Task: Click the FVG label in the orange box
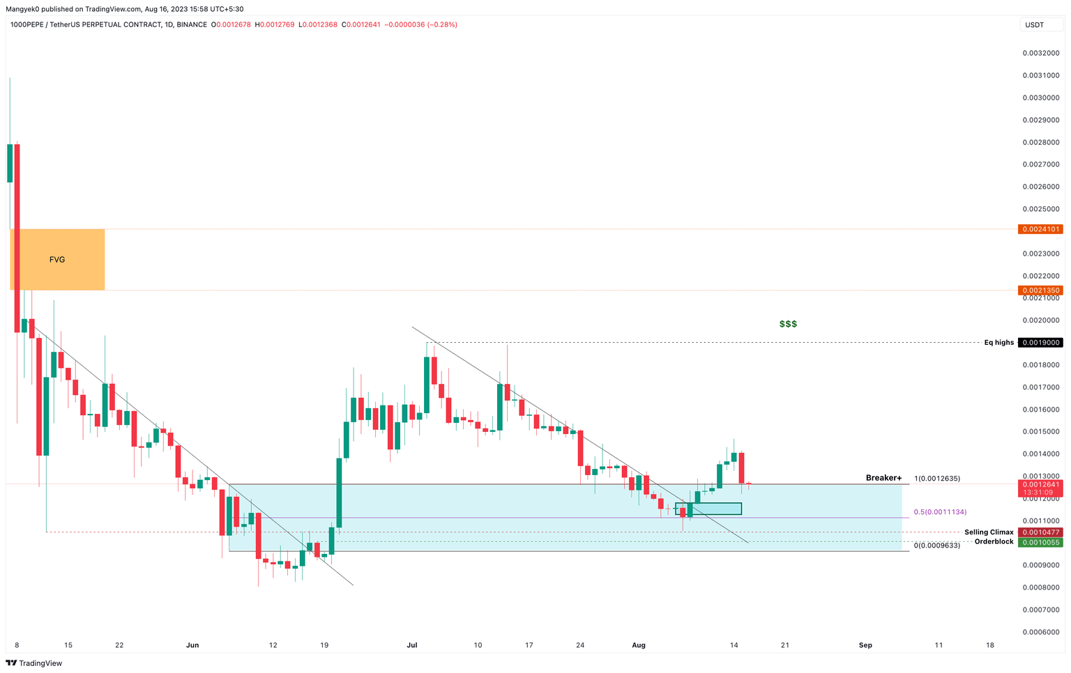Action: click(57, 260)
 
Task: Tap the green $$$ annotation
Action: click(788, 324)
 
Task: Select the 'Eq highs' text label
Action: click(998, 343)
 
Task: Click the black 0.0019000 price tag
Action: click(1040, 343)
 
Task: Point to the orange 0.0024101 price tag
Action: click(1040, 229)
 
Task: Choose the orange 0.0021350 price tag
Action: click(1040, 291)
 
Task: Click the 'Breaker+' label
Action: click(883, 478)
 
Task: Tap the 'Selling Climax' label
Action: click(989, 532)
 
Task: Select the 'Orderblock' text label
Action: click(994, 542)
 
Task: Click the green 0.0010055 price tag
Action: click(1040, 542)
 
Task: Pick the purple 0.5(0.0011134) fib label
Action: click(940, 512)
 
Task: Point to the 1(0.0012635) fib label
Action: click(937, 479)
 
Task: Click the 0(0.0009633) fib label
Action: click(937, 546)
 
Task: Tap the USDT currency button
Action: click(1034, 25)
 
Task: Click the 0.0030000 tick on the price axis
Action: click(1041, 98)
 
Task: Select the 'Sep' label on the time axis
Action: click(865, 645)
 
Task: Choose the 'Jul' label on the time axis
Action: click(412, 645)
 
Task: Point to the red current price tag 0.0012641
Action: click(1040, 485)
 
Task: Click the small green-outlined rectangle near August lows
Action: click(708, 509)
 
